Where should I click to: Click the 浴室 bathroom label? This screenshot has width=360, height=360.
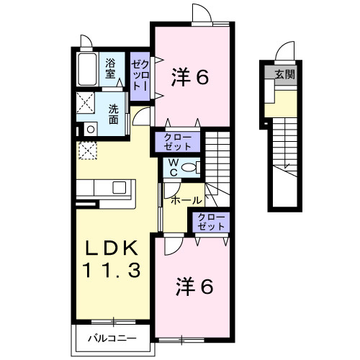click(x=111, y=68)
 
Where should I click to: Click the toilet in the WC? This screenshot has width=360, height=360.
click(x=189, y=168)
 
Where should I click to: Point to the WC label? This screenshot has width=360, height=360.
click(x=174, y=168)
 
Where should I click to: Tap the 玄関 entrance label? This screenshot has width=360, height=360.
click(x=284, y=75)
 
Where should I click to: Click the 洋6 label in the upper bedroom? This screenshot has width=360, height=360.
click(x=190, y=77)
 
